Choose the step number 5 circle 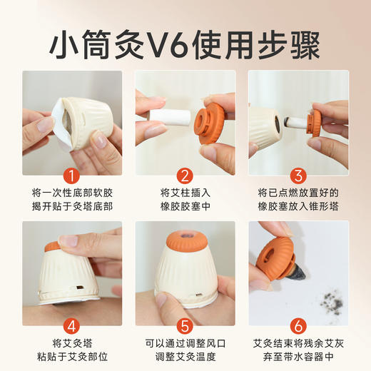point(185,325)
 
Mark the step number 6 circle point(298,325)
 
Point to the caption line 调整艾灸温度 point(185,357)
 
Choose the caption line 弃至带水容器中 point(298,357)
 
